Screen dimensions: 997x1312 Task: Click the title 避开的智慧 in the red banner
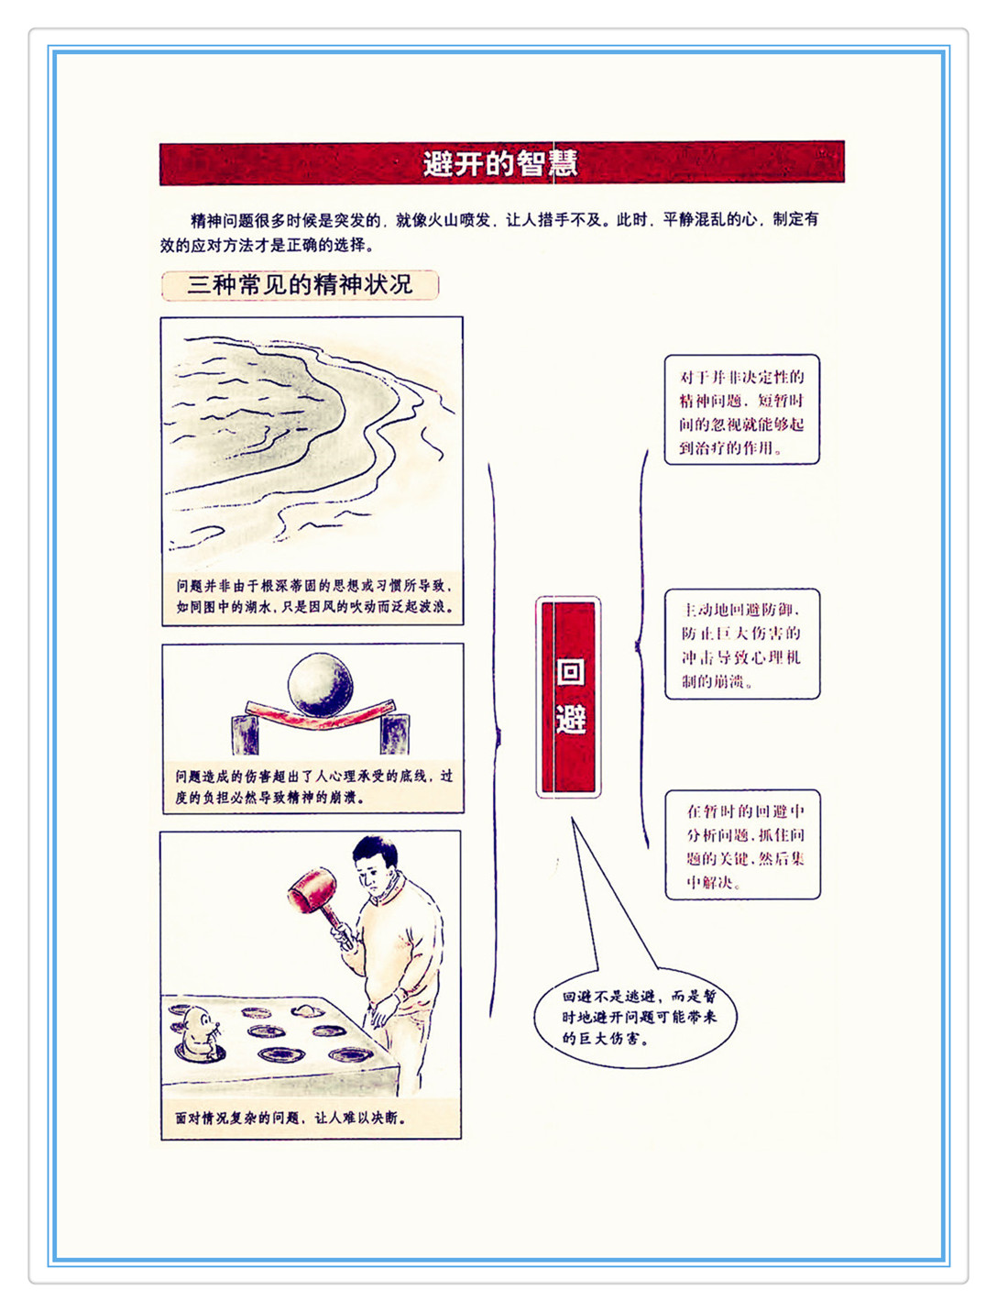coord(500,163)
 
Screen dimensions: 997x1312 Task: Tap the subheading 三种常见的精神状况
coord(300,284)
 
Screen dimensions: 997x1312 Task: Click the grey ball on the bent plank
coord(320,684)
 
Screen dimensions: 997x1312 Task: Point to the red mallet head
coord(312,890)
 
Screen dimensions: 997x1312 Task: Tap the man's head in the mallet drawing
coord(376,865)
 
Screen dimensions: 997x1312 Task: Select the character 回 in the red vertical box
coord(571,671)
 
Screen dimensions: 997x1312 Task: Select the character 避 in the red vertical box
coord(571,719)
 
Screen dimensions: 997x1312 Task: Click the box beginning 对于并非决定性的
coord(741,410)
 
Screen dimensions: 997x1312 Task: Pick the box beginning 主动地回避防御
coord(742,644)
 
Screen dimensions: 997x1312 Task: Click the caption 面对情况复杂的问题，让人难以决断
coord(290,1118)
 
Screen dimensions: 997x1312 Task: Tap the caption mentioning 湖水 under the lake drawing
coord(313,596)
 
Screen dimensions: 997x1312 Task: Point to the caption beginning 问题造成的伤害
coord(313,787)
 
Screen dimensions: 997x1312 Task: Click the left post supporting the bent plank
coord(245,734)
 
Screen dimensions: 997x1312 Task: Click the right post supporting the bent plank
coord(394,733)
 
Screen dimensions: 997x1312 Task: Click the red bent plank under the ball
coord(320,714)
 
